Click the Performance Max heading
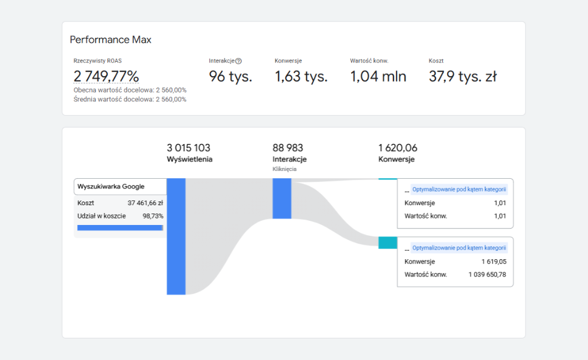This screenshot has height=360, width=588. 110,40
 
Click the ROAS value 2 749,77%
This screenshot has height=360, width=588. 106,76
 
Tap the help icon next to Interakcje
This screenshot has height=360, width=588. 238,61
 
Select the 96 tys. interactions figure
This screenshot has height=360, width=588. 230,76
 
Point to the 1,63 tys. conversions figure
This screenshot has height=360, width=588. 301,76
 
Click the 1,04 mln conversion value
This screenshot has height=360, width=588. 378,76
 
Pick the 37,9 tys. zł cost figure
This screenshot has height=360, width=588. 462,76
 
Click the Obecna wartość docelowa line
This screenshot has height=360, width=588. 130,90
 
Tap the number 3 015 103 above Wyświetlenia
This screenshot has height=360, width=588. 188,148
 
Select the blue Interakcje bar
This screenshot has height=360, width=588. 281,198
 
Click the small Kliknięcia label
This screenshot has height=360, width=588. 284,169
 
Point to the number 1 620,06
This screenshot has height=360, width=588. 398,148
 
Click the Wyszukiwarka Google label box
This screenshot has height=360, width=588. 119,187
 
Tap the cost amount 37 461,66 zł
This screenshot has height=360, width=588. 145,203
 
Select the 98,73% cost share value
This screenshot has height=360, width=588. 152,215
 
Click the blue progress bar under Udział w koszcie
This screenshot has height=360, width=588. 120,228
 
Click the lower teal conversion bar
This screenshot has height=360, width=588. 388,242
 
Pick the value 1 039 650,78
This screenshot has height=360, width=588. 487,274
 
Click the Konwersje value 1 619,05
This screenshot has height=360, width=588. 493,262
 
